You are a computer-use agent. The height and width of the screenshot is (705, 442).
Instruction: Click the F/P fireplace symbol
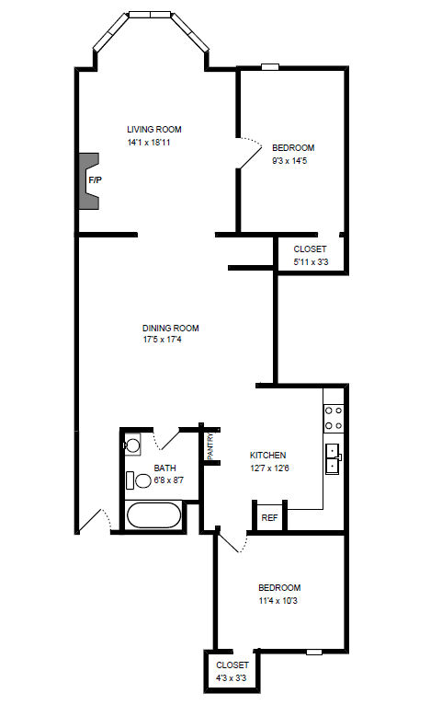coord(89,180)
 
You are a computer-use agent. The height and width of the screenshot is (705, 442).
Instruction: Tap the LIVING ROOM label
coord(153,130)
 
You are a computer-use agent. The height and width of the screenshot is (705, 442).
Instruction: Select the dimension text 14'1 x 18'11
coord(149,143)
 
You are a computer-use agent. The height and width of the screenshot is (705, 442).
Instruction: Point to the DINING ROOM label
coord(171,329)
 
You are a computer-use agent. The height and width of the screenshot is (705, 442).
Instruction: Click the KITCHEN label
coord(267,455)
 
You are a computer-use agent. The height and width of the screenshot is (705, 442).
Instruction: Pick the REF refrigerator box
coord(269,517)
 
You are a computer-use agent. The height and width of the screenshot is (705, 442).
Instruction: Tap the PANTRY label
coord(210,446)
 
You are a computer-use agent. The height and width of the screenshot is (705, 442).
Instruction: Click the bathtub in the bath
coord(153,515)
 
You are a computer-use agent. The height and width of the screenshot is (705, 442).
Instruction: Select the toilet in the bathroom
coord(139,480)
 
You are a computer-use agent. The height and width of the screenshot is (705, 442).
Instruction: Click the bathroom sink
coord(132,445)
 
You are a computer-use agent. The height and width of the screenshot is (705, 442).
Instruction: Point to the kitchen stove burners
coord(334,418)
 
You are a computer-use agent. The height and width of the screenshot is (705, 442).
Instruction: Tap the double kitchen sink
coord(334,458)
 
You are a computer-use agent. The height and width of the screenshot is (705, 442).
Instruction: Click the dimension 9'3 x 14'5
coord(289,161)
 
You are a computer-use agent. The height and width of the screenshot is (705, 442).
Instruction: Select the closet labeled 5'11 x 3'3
coord(311,255)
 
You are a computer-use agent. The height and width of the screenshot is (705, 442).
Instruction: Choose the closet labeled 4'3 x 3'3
coord(232,671)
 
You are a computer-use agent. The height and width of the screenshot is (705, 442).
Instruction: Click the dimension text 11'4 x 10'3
coord(278,601)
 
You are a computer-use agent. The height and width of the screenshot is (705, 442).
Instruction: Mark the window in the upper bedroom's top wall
coord(270,67)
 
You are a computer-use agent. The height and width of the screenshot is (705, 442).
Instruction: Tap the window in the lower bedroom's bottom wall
coord(314,652)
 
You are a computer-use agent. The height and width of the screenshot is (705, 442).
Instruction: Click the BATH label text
coord(164,468)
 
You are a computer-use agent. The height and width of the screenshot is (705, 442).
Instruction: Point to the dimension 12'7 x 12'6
coord(269,468)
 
